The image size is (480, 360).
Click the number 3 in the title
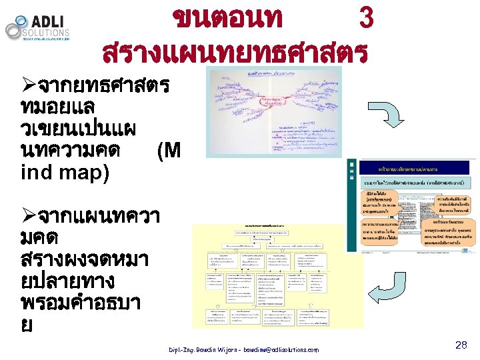[365, 18]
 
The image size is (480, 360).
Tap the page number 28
[461, 345]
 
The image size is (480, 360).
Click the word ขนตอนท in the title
[227, 18]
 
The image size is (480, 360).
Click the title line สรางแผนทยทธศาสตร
[235, 51]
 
